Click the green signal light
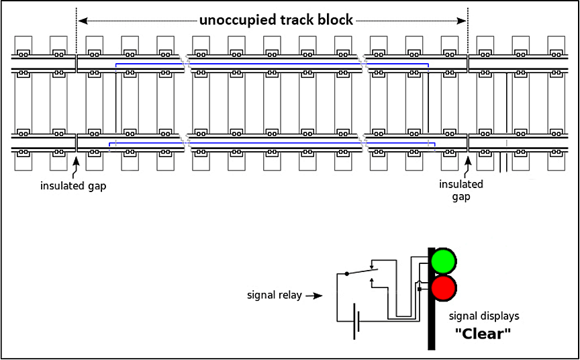coord(443,261)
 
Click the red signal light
coord(443,288)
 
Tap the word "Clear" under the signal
coord(483,334)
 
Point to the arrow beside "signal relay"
coord(315,295)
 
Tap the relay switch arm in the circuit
coord(361,271)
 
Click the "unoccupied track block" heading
coord(275,19)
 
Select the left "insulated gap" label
coord(72,186)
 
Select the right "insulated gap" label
coord(461,190)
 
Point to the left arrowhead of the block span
coord(82,20)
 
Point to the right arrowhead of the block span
coord(463,20)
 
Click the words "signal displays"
coord(483,316)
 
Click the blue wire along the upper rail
coord(269,64)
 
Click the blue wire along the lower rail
coord(269,143)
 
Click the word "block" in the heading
coord(333,19)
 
